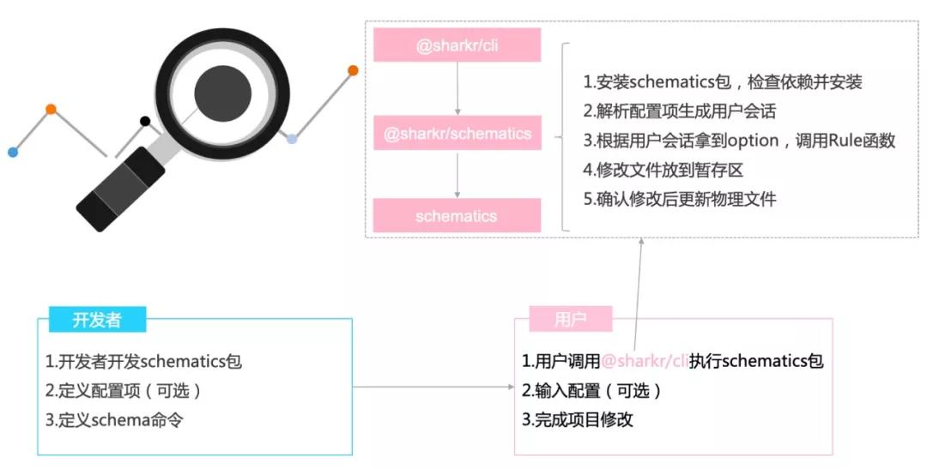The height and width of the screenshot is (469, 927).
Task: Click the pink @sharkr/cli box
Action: point(457,45)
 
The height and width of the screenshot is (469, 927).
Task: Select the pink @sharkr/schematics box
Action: point(457,133)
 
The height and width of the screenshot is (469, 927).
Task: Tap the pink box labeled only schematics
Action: point(457,216)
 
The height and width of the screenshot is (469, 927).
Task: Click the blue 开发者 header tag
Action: point(97,320)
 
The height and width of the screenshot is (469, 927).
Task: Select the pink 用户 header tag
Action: point(570,320)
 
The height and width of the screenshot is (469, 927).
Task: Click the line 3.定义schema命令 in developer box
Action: point(114,420)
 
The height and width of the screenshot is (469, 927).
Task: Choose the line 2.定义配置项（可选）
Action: point(124,391)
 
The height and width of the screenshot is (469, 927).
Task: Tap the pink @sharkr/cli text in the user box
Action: point(645,361)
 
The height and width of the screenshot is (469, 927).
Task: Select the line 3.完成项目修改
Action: point(578,420)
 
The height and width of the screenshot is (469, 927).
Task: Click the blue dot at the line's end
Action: point(12,152)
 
